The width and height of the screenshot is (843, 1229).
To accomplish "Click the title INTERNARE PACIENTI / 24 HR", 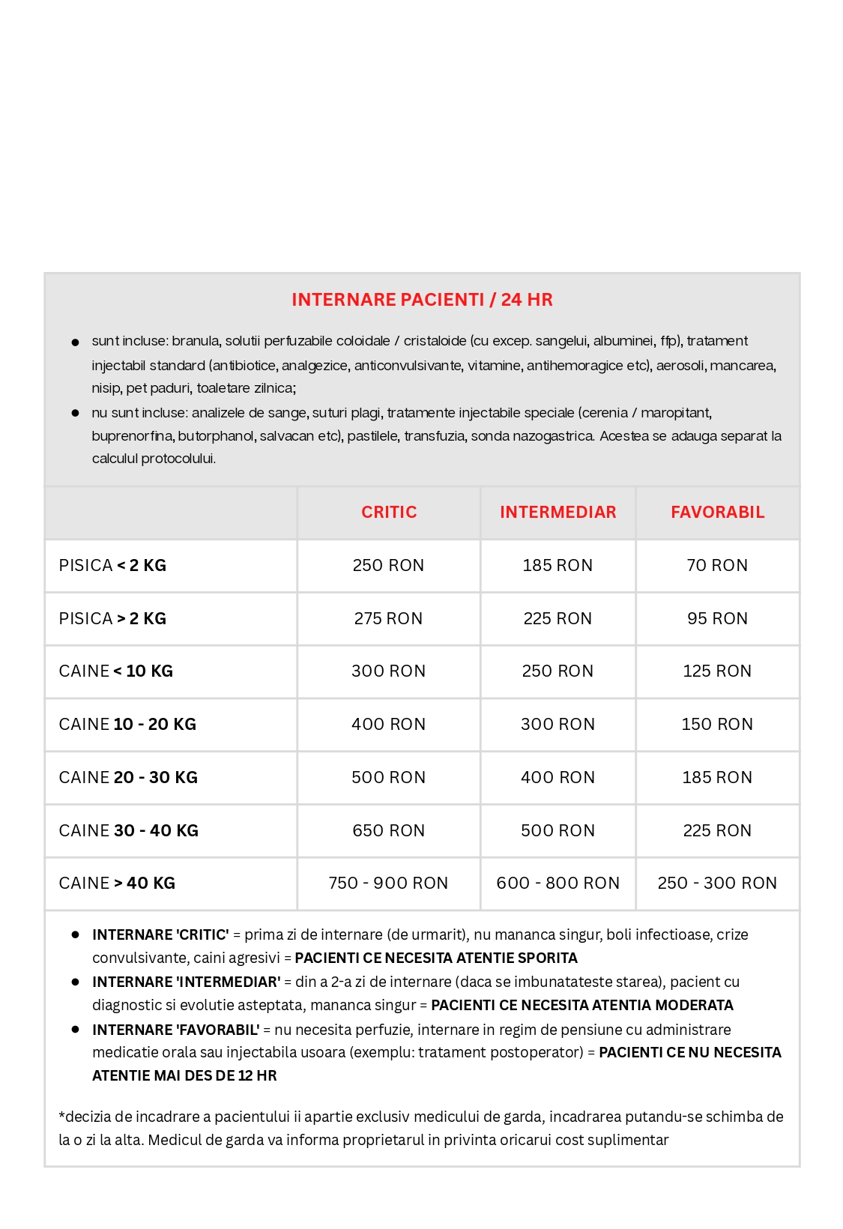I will click(x=422, y=300).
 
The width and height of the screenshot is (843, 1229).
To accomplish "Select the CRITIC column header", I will click(x=389, y=513).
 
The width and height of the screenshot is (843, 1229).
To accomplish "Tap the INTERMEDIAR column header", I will click(x=558, y=513).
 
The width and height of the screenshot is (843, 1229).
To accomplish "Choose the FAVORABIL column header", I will click(x=717, y=513).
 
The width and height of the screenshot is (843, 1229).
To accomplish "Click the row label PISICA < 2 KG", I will click(x=112, y=566).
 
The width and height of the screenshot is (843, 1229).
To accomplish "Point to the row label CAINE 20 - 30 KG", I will click(x=128, y=778).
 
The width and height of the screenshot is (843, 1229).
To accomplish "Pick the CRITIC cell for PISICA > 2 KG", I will click(x=388, y=619).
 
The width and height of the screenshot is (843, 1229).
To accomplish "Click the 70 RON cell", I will click(x=717, y=566).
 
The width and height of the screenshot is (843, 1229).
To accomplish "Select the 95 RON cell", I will click(x=717, y=619).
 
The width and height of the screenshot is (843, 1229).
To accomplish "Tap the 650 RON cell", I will click(x=388, y=831).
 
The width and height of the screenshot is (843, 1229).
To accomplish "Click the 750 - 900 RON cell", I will click(x=388, y=884).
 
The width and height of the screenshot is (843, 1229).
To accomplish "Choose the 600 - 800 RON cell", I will click(x=558, y=884).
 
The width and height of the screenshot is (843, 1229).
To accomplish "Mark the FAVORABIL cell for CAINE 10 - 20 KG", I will click(x=717, y=725).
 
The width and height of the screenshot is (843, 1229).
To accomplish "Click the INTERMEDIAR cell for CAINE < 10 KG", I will click(x=558, y=671).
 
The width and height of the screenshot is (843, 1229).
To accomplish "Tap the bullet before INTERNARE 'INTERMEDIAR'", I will click(x=75, y=982).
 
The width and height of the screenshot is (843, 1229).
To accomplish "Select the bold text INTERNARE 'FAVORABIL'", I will click(x=175, y=1030).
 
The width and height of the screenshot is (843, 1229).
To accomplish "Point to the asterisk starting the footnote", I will click(x=61, y=1115).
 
